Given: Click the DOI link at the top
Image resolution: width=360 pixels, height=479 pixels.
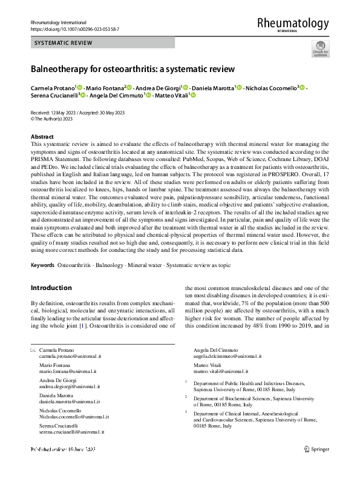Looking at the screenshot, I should click(68, 28).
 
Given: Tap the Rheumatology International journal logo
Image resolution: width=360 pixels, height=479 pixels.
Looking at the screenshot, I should click(292, 24).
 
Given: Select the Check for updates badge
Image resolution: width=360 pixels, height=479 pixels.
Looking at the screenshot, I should click(320, 48).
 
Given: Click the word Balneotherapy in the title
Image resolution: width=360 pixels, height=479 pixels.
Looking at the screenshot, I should click(60, 69).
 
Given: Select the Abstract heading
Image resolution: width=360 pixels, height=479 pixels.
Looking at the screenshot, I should click(42, 137).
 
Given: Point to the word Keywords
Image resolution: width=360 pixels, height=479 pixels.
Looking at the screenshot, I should click(42, 266).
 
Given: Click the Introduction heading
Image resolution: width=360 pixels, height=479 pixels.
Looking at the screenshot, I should click(51, 288).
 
